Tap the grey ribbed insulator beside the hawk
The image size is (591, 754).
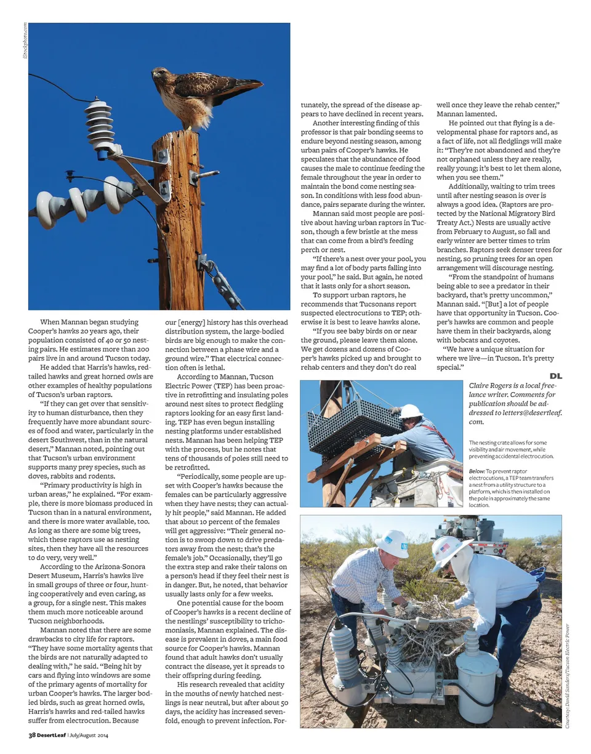[x=100, y=126]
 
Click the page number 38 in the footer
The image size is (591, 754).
[x=33, y=735]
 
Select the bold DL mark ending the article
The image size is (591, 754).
[x=555, y=375]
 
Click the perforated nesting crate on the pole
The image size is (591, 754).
[x=355, y=424]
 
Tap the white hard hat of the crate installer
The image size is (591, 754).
[x=411, y=411]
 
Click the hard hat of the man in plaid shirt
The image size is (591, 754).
[x=393, y=543]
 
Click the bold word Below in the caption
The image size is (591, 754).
[x=476, y=471]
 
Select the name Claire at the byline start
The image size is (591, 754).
[x=480, y=385]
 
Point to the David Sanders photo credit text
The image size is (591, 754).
[x=567, y=677]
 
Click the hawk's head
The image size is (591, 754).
[x=161, y=74]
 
